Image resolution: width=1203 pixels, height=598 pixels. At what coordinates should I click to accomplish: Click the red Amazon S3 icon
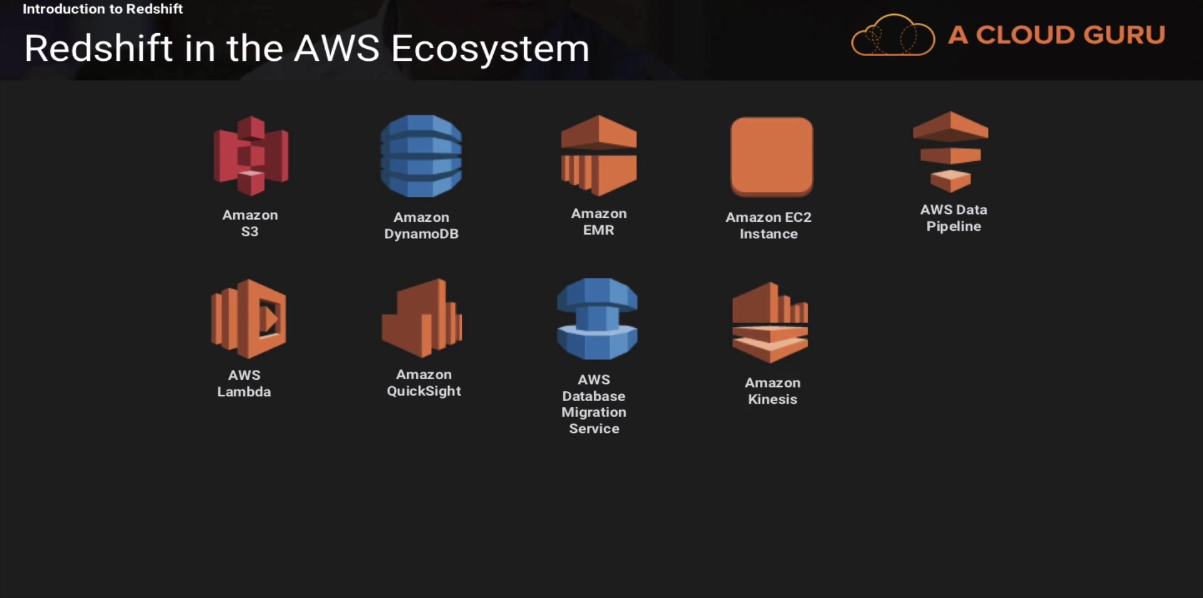pos(251,155)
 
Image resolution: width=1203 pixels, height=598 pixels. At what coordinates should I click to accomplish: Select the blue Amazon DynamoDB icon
pos(421,156)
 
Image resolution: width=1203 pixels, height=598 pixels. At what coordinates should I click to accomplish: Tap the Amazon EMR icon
pos(599,155)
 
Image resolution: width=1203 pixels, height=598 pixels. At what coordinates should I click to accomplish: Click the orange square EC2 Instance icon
pos(771,157)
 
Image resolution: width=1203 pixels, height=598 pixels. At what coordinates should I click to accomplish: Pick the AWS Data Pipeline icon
pos(950,152)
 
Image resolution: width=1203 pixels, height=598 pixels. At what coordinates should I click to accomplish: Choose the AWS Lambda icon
pos(249,318)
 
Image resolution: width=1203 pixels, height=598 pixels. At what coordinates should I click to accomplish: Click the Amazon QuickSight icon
pos(422,318)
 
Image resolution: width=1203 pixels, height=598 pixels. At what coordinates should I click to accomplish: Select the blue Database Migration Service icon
pos(597,318)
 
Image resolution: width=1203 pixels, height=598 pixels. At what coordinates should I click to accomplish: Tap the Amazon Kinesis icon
pos(770,322)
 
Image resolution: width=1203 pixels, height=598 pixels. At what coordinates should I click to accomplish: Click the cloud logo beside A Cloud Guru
pos(893,36)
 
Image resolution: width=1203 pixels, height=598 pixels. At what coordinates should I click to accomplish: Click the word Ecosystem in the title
pos(490,49)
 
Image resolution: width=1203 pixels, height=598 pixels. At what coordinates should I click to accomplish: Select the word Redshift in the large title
pos(98,49)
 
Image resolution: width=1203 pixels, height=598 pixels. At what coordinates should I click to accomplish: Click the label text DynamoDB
pos(421,234)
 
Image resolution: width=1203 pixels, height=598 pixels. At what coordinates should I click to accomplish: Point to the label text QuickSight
pos(424,391)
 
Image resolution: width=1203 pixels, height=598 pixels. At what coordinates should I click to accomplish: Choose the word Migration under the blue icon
pos(594,412)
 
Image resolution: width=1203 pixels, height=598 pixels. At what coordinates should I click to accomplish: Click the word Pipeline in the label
pos(954,226)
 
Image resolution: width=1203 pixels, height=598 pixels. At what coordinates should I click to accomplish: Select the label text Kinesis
pos(773,399)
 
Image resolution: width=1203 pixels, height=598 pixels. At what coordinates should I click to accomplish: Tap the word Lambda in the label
pos(244,392)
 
